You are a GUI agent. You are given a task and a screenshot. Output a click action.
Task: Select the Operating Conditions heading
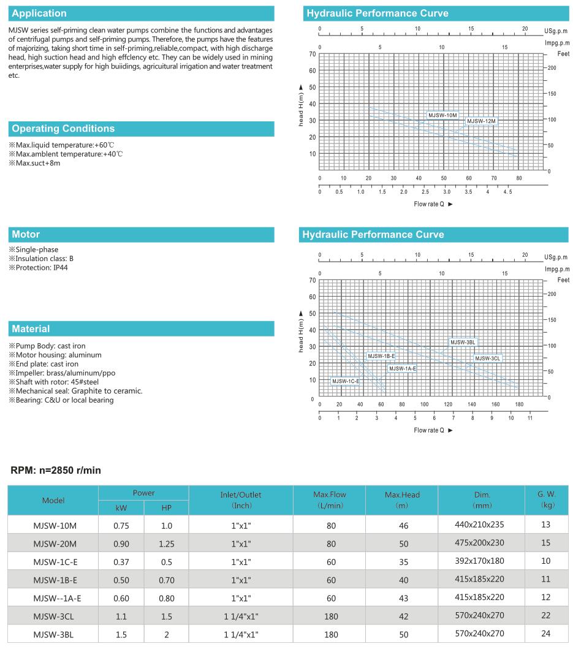[63, 129]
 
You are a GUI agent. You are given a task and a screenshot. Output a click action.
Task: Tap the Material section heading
[31, 329]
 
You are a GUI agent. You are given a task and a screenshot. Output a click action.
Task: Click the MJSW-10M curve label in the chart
[442, 115]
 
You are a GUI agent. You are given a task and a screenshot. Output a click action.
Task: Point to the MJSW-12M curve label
[481, 121]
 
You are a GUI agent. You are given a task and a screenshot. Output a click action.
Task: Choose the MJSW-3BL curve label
[463, 343]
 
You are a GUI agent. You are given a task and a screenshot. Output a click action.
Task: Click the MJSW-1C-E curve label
[346, 381]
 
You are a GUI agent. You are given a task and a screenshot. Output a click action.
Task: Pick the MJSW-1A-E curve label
[403, 368]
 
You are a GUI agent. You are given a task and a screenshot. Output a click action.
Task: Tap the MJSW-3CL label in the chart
[488, 359]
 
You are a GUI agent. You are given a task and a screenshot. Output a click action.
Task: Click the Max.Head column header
[402, 499]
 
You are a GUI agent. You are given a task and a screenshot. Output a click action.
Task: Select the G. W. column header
[547, 499]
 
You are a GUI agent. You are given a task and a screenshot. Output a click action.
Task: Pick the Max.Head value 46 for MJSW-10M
[402, 525]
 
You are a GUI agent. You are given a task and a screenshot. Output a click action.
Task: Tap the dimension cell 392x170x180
[480, 560]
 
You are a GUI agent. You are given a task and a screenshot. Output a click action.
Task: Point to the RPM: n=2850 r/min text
[56, 471]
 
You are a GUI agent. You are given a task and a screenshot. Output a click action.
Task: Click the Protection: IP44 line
[39, 267]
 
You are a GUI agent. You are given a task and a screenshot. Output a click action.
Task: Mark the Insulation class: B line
[41, 258]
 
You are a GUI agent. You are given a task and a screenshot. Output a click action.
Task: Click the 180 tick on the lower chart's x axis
[519, 404]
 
